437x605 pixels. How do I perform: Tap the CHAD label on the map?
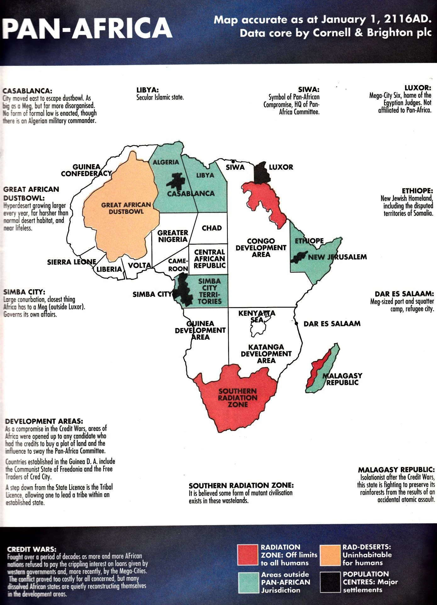[x=212, y=228]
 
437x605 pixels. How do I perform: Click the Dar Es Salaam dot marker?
[x=296, y=324]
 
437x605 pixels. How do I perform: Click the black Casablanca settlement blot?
[x=176, y=181]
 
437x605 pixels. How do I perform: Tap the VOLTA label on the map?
[x=139, y=265]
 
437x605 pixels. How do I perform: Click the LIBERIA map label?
[x=109, y=269]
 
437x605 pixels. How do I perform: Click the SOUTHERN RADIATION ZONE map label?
[x=238, y=398]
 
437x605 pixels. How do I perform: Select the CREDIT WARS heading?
[x=31, y=549]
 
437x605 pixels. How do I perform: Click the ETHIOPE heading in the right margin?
[x=417, y=191]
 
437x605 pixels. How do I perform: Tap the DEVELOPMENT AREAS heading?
[x=44, y=421]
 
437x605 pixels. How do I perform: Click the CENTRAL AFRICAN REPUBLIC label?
[x=210, y=259]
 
